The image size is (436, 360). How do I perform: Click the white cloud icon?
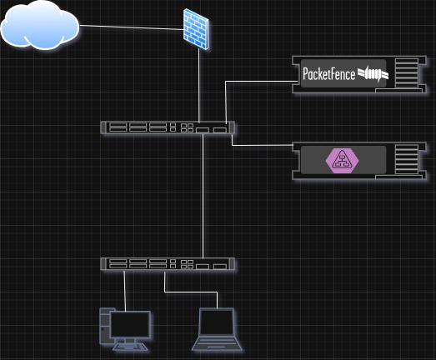coord(39,27)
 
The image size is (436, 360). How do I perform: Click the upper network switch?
coord(167,127)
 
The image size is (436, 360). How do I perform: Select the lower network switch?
coord(167,263)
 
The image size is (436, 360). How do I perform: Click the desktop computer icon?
coord(125,327)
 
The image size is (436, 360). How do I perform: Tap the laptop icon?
coord(217,330)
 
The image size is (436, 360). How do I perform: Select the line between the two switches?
coord(203,196)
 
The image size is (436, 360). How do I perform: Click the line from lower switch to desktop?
coord(125,287)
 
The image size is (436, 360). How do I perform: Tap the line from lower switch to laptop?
coord(192,292)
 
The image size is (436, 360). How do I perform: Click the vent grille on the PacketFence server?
coord(405,74)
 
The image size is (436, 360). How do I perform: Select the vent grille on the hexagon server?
coord(405,160)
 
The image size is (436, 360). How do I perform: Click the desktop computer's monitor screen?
coord(132,322)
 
